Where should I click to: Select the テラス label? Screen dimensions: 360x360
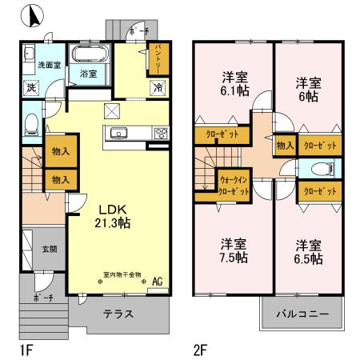click(118, 314)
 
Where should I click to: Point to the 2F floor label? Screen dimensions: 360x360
click(201, 350)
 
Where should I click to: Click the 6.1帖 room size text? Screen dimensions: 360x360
click(235, 92)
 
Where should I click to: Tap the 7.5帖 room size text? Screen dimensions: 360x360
click(233, 258)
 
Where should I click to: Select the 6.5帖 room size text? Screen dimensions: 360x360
click(306, 258)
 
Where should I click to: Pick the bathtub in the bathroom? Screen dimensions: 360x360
click(90, 56)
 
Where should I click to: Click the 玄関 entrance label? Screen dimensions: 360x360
click(50, 249)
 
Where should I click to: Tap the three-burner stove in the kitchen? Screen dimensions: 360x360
click(159, 134)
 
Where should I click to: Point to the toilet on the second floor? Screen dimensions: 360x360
click(322, 169)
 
